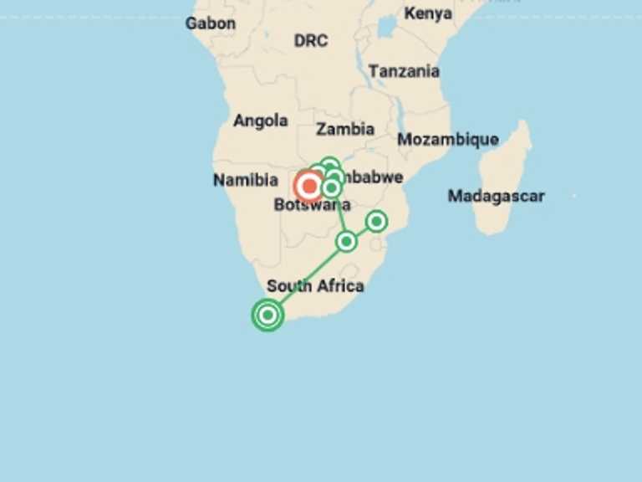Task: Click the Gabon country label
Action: coord(210,23)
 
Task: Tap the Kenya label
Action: coord(428,13)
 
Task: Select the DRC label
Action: coord(310,40)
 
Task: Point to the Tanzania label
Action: coord(404,71)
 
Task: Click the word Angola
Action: coord(260,120)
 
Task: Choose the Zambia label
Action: coord(345,129)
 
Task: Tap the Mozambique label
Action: coord(447,140)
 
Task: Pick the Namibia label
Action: coord(245,180)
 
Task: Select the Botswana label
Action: coord(311,206)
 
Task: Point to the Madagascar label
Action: coord(496,196)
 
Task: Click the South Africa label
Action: coord(315,286)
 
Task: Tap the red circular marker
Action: coord(309,186)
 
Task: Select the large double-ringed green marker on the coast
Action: coord(267,315)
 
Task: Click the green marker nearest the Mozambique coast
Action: coord(376,221)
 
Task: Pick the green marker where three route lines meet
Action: coord(346,241)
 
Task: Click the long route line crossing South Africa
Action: coord(307,278)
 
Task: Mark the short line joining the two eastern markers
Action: coord(361,231)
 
